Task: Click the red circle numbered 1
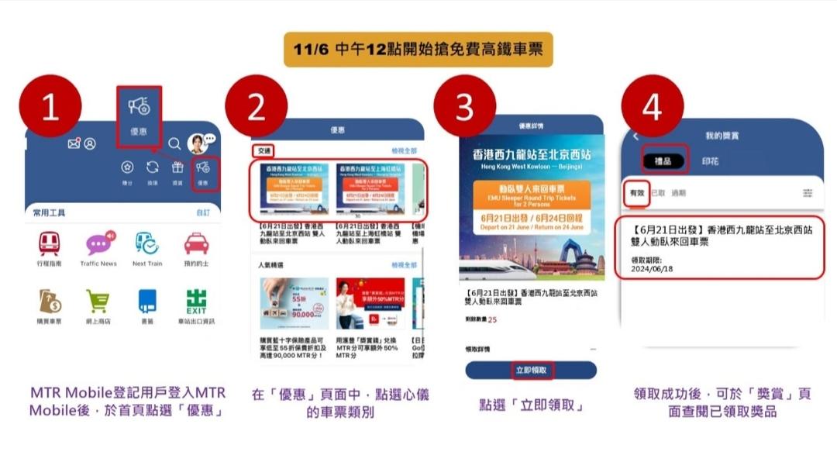pyautogui.click(x=50, y=108)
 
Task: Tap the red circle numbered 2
pyautogui.click(x=257, y=108)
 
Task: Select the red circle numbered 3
pyautogui.click(x=464, y=108)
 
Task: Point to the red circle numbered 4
pyautogui.click(x=653, y=108)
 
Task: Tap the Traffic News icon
pyautogui.click(x=98, y=244)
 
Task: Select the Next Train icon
pyautogui.click(x=147, y=244)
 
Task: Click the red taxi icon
pyautogui.click(x=196, y=244)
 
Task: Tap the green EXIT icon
pyautogui.click(x=196, y=300)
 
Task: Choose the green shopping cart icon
pyautogui.click(x=98, y=300)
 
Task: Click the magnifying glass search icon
pyautogui.click(x=174, y=143)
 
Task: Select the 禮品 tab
pyautogui.click(x=664, y=161)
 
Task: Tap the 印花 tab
pyautogui.click(x=710, y=161)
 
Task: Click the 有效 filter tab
pyautogui.click(x=636, y=193)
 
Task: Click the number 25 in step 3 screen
pyautogui.click(x=492, y=319)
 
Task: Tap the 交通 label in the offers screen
pyautogui.click(x=264, y=152)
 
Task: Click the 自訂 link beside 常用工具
pyautogui.click(x=203, y=212)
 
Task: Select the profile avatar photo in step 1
pyautogui.click(x=197, y=143)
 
